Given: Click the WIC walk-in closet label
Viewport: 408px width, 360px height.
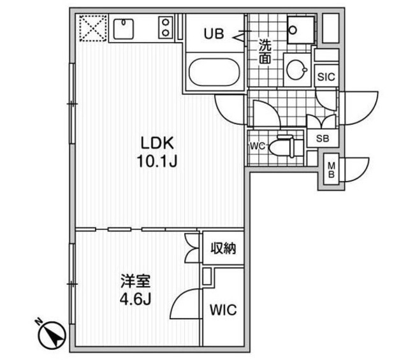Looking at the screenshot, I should point(223,310).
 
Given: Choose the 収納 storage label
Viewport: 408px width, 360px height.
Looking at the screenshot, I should point(223,248).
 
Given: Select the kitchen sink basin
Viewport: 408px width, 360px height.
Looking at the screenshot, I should point(122,28).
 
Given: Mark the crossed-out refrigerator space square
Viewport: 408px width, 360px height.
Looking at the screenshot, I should point(92,28).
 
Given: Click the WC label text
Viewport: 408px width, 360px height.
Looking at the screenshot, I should point(256,146).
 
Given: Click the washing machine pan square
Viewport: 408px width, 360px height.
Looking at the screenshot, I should point(299,28).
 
